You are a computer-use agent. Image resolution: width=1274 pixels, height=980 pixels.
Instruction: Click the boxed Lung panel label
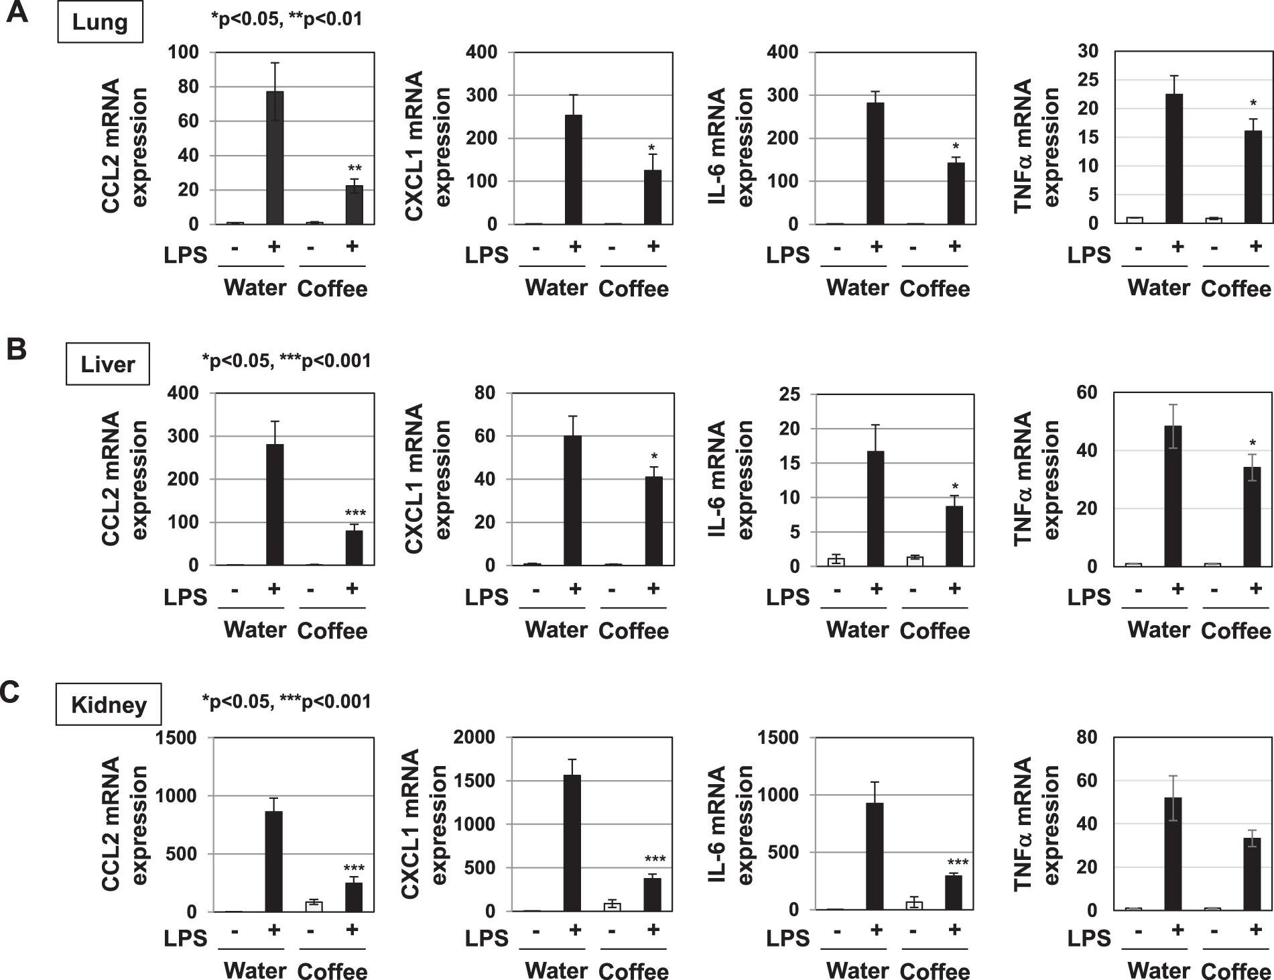100,23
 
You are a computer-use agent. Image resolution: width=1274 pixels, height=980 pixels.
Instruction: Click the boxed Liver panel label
107,365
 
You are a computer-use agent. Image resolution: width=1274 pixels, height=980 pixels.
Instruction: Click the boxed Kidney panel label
109,705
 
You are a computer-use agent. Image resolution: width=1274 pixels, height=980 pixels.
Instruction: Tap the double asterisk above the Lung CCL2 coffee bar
355,169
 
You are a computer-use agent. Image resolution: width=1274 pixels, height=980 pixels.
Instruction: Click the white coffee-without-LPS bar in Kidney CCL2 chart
314,906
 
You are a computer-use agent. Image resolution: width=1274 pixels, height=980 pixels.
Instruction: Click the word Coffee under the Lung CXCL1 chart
633,289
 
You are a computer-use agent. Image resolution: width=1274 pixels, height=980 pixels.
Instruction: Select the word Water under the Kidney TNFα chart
1159,970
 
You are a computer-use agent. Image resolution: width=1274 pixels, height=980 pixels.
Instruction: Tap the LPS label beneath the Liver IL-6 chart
788,596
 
